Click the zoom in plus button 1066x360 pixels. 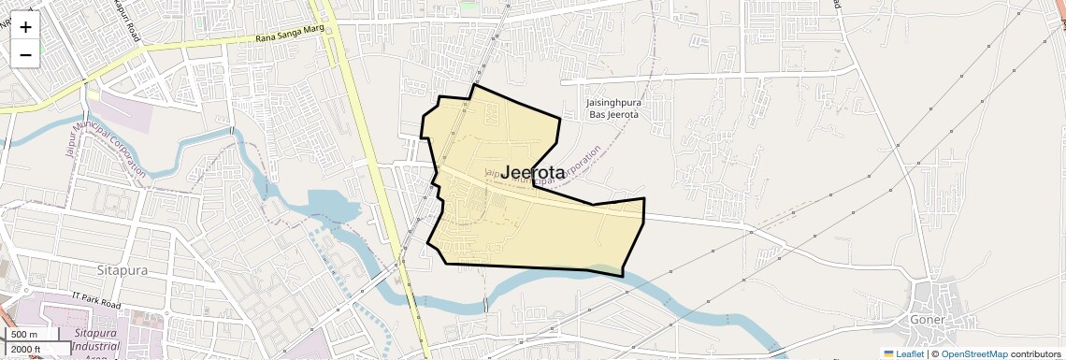[x=25, y=26]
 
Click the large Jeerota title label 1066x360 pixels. [x=533, y=173]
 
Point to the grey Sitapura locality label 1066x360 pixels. [x=122, y=269]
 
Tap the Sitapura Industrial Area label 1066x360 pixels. [x=96, y=340]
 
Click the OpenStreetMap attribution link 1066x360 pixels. [x=973, y=353]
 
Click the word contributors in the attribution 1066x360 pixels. [x=1035, y=353]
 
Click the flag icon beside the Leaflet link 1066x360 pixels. [x=888, y=353]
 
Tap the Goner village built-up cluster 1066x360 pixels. [x=935, y=299]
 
